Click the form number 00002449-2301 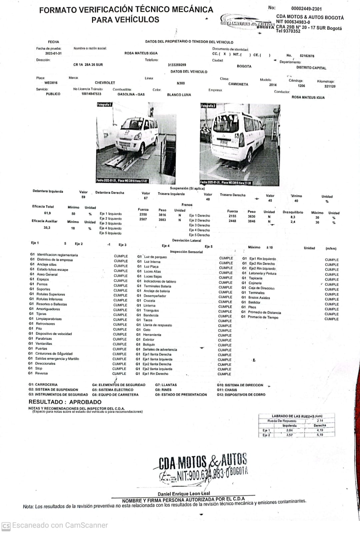(x=306, y=9)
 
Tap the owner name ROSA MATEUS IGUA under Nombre (x=141, y=53)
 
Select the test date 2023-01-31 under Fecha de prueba (x=53, y=53)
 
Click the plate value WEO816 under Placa (x=51, y=83)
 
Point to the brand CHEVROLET (x=105, y=83)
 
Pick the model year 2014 (x=273, y=85)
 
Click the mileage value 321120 (x=330, y=86)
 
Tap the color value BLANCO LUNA (x=179, y=95)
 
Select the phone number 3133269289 (x=177, y=65)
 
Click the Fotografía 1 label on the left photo (x=104, y=105)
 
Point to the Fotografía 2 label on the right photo (x=208, y=106)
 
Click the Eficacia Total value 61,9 (x=47, y=213)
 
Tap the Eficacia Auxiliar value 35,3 (x=47, y=228)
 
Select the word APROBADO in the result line (x=85, y=402)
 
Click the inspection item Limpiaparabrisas (x=49, y=319)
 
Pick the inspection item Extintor (x=149, y=340)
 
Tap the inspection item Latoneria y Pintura (x=262, y=273)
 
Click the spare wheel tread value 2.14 (x=320, y=421)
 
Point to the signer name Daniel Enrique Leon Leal (x=184, y=494)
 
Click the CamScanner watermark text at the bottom (x=60, y=525)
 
